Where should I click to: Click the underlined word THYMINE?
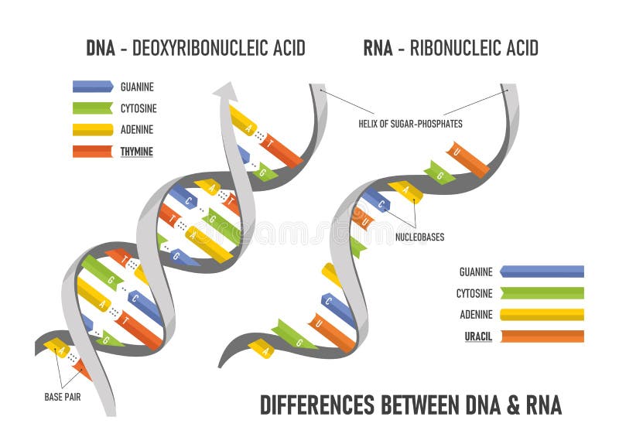136,152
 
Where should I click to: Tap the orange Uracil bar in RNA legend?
542,336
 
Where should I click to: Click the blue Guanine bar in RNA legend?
542,272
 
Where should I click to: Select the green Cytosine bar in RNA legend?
542,293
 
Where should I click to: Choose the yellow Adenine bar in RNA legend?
542,315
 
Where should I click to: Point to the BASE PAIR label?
64,397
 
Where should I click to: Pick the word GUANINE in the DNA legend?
137,87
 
